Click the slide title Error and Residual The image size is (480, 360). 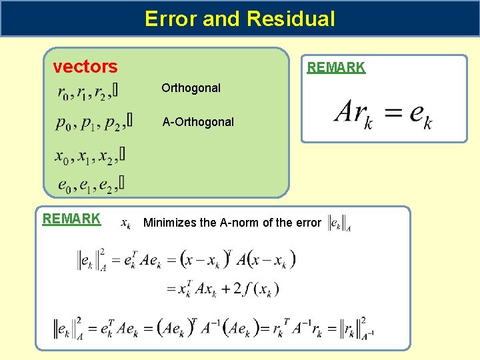click(x=239, y=19)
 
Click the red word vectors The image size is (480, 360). click(x=85, y=67)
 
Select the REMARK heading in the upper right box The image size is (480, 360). click(x=335, y=67)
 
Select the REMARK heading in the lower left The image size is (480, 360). click(x=71, y=219)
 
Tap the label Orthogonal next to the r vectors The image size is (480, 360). click(x=191, y=88)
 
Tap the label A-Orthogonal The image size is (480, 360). click(x=198, y=122)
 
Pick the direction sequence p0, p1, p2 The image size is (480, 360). click(x=93, y=123)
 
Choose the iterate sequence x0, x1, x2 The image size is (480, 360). click(x=89, y=157)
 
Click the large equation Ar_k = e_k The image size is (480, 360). click(x=383, y=112)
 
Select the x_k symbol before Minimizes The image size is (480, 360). click(x=125, y=223)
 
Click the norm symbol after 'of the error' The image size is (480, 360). click(x=339, y=223)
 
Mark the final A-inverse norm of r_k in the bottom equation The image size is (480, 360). click(x=354, y=327)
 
